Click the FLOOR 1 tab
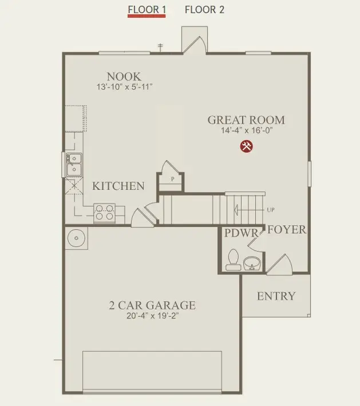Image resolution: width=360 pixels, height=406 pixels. [147, 10]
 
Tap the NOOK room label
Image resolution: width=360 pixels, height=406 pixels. [124, 76]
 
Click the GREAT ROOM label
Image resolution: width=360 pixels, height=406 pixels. [246, 120]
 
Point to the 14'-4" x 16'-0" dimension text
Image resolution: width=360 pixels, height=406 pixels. [246, 131]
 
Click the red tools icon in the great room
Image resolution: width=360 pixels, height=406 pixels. [247, 146]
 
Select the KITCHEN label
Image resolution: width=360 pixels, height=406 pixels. [118, 186]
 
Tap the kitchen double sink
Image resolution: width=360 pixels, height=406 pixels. [74, 164]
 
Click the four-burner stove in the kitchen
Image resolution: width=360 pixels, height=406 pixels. [104, 212]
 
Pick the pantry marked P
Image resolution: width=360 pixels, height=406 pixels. [172, 179]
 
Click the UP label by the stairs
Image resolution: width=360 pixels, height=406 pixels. [270, 210]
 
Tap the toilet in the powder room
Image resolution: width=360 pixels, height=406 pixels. [233, 259]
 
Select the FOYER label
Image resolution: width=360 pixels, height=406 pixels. [287, 230]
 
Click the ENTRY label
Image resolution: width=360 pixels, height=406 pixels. [276, 296]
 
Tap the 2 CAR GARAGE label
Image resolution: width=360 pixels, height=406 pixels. [152, 305]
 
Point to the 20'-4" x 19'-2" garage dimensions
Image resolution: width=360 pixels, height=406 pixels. [152, 316]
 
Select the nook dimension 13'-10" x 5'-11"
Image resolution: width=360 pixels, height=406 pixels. [124, 87]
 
